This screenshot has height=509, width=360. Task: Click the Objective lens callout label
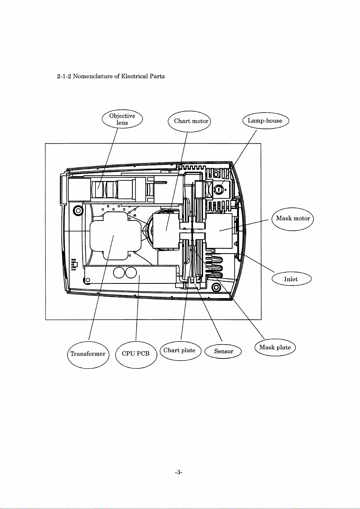122,119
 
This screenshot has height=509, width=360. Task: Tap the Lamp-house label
265,121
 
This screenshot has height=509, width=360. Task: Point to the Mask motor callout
293,219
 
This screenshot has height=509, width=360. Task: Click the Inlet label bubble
291,279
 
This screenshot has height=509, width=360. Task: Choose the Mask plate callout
275,348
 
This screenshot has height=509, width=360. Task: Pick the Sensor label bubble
223,351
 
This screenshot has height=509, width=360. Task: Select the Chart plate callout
180,351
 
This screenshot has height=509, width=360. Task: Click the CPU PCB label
136,354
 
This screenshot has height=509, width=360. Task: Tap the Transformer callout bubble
88,354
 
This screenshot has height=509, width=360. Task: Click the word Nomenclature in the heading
93,76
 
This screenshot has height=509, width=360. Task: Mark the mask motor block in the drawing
219,231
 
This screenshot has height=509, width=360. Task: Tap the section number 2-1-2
64,76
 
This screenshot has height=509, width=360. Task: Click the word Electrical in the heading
134,76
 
